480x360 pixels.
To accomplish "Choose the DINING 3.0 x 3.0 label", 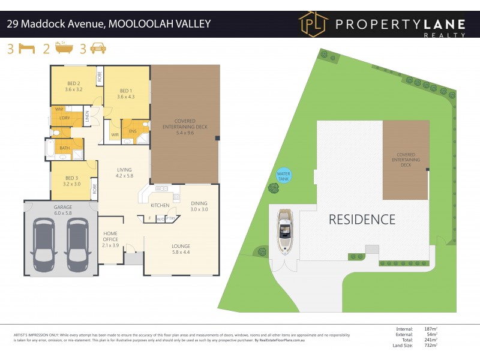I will pyautogui.click(x=199, y=206).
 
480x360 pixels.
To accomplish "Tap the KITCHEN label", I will pyautogui.click(x=160, y=205).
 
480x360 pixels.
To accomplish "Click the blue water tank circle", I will pyautogui.click(x=283, y=176).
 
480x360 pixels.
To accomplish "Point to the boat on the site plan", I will pyautogui.click(x=284, y=230).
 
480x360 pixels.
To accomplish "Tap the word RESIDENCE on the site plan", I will pyautogui.click(x=362, y=220).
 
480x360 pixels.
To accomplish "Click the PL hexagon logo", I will pyautogui.click(x=313, y=24).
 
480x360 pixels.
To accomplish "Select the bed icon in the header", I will pyautogui.click(x=27, y=49).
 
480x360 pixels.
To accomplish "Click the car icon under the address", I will pyautogui.click(x=98, y=49).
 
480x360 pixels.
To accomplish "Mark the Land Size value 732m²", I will pyautogui.click(x=428, y=345).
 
